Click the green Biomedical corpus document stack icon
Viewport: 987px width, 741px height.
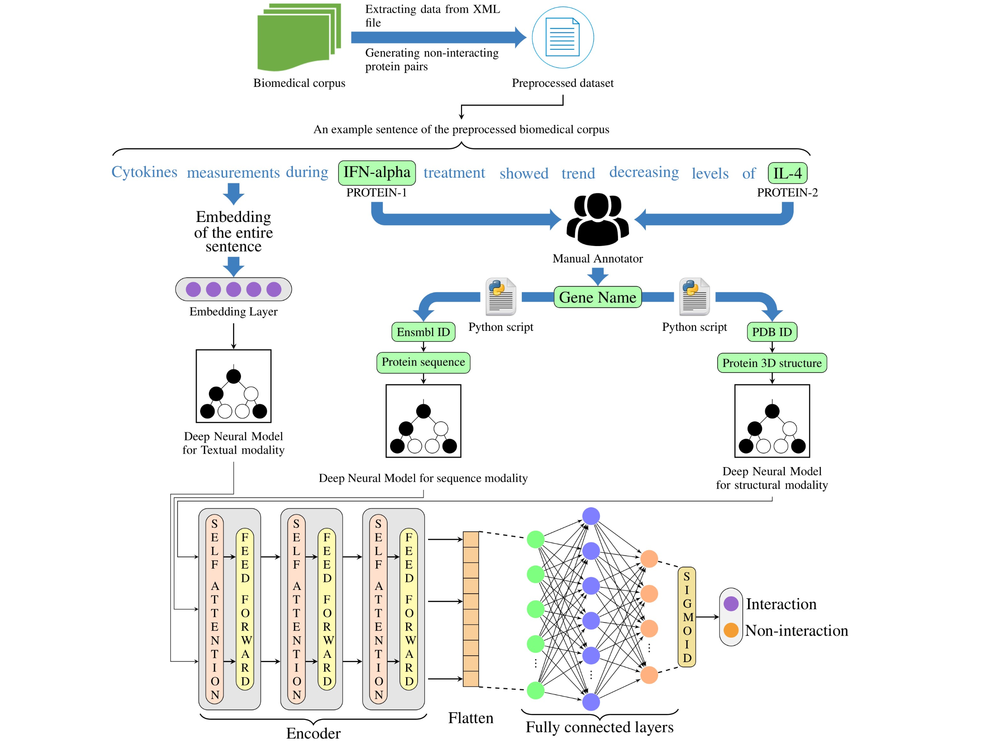tap(298, 38)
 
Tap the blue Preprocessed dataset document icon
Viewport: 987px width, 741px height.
tap(562, 38)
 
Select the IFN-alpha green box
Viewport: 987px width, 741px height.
tap(377, 173)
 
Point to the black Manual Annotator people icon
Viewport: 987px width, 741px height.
tap(597, 219)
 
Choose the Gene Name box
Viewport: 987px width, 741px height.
tap(597, 297)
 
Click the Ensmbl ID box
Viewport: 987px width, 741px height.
tap(423, 332)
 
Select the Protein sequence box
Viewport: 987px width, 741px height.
tap(423, 362)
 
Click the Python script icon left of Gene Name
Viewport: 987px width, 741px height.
tap(501, 296)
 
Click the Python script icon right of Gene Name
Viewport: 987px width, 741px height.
tap(694, 296)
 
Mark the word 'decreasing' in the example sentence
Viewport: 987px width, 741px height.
tap(644, 172)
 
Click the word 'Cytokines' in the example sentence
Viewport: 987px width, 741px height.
tap(144, 172)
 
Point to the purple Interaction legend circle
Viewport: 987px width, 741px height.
tap(730, 603)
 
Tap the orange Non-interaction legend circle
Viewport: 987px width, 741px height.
tap(730, 630)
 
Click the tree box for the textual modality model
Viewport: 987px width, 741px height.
tap(233, 386)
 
